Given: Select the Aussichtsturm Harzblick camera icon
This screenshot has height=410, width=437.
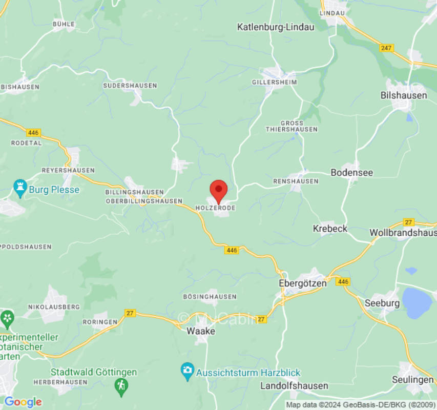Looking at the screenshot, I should [188, 370].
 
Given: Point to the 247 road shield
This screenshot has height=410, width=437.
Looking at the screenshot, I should [387, 48].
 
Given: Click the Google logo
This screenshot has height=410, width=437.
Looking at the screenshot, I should [23, 402].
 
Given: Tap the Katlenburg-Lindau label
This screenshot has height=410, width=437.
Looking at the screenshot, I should [275, 27].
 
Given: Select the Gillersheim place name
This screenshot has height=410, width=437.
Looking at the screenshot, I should [274, 82].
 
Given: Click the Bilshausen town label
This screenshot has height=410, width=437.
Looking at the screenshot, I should [404, 95].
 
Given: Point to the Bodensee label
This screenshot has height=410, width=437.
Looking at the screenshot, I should [351, 173].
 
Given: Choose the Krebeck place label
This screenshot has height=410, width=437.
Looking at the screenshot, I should [330, 229].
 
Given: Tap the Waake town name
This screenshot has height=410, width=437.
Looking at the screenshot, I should [200, 331].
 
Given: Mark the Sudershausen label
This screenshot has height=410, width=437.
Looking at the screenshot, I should [130, 86].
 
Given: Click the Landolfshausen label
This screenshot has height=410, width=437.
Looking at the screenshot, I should [294, 386].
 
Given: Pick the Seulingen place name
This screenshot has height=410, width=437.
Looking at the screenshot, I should [412, 379].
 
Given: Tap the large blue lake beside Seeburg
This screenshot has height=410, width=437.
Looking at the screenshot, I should [417, 302].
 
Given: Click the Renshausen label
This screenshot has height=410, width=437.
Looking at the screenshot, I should [296, 181].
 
